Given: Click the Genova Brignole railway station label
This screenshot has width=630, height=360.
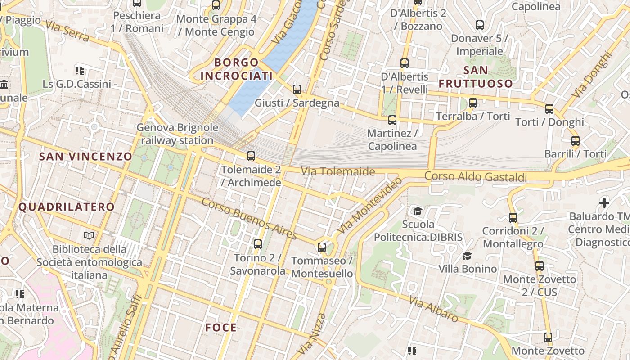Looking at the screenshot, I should click(177, 134).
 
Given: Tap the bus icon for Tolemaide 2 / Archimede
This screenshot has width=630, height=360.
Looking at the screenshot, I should click(251, 156).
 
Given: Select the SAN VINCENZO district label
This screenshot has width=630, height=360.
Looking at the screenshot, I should click(85, 157).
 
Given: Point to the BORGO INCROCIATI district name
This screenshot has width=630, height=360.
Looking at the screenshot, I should click(236, 69).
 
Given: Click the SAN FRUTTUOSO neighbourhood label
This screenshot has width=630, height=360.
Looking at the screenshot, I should click(476, 77).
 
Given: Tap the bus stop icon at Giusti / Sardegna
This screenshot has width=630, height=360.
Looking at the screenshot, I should click(297, 90).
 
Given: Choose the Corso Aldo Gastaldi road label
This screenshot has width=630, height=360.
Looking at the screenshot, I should click(476, 176).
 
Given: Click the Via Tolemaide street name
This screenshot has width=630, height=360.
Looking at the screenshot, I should click(337, 171).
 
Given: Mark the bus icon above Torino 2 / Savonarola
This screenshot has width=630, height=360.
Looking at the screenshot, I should click(258, 244).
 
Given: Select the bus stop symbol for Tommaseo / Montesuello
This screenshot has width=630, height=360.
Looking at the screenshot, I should click(322, 247).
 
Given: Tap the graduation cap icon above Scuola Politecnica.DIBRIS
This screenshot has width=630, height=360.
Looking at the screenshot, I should click(418, 211).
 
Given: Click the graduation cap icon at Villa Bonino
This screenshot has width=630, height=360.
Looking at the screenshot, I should click(468, 256).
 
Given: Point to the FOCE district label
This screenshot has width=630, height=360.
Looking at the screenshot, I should click(221, 327).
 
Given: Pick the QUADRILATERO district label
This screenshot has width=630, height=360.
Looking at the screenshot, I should click(67, 207).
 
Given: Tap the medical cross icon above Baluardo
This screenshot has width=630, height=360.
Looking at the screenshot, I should click(604, 202).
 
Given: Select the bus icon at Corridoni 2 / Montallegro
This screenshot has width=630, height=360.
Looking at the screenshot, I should click(513, 218).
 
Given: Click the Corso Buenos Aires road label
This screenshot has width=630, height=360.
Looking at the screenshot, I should click(249, 219).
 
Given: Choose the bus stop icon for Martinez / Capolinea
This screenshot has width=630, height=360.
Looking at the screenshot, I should click(392, 120).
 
